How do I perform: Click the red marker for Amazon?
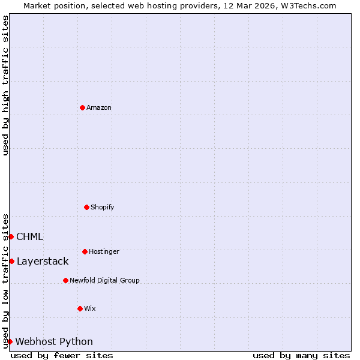[82, 107]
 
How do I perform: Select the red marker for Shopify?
[86, 207]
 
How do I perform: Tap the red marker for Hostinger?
[85, 251]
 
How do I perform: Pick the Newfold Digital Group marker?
[65, 280]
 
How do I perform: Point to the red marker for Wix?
[80, 308]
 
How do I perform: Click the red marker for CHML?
[11, 236]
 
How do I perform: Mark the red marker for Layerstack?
[11, 261]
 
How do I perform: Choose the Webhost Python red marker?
[10, 341]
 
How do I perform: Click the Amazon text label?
[99, 107]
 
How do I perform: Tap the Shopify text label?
[103, 207]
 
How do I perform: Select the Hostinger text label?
[104, 251]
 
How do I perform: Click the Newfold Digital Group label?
[104, 280]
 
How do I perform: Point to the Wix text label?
[90, 308]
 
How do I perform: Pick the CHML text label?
[29, 236]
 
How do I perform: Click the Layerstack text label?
[43, 261]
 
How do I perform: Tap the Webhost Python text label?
[54, 341]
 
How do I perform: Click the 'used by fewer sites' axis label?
[62, 355]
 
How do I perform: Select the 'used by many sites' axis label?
[301, 355]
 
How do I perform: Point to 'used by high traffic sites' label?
[5, 85]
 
